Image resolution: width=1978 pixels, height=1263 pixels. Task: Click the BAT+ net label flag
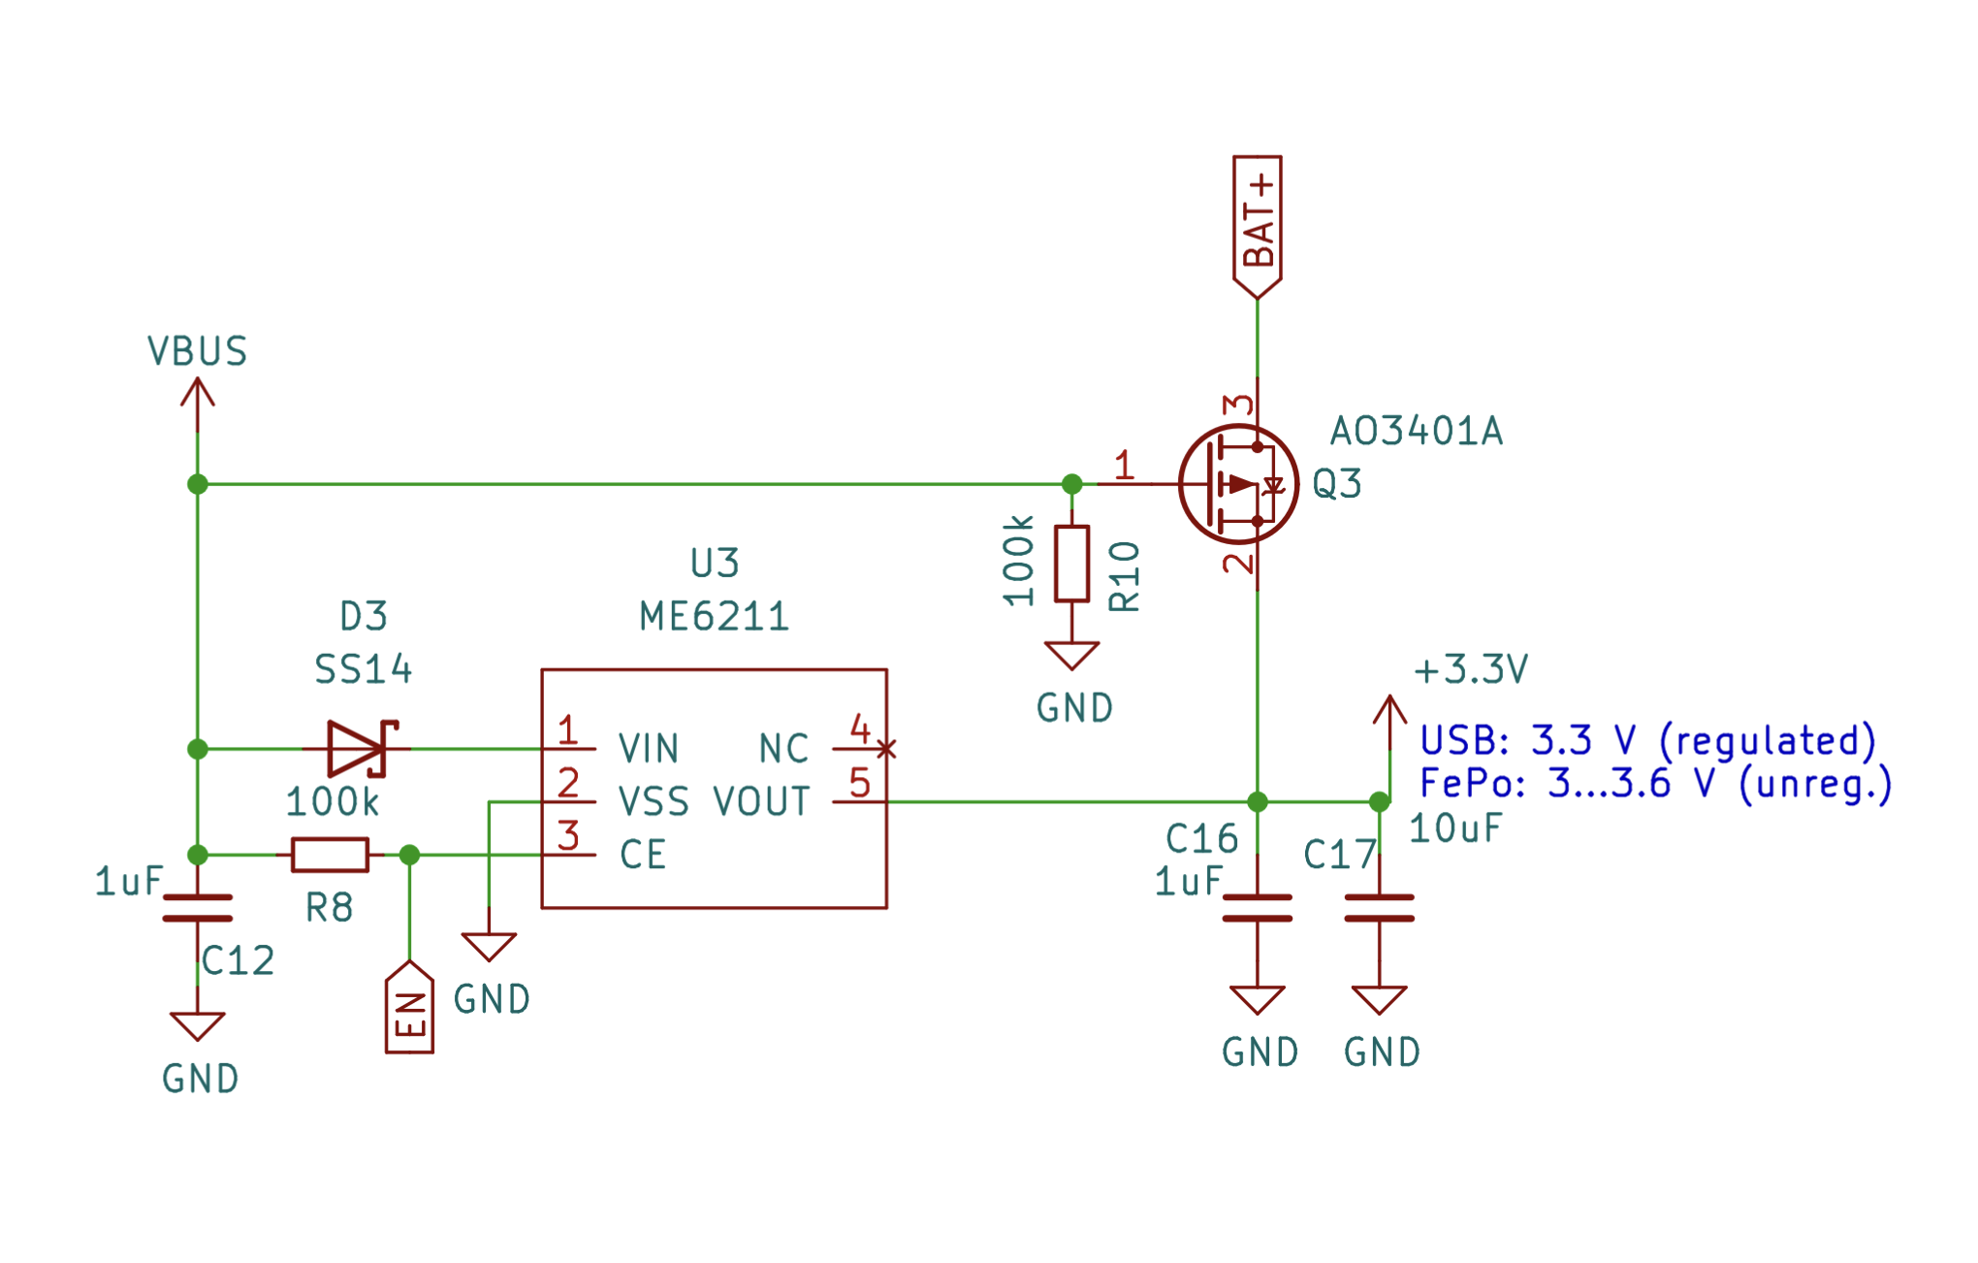tap(1257, 227)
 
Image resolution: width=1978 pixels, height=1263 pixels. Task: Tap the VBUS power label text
tap(198, 351)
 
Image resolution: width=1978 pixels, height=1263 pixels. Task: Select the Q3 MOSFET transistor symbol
tap(1238, 483)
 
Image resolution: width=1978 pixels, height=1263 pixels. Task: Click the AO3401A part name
tap(1416, 431)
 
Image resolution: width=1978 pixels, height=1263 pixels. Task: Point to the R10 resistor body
tap(1071, 564)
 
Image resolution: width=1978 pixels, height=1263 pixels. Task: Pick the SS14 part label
tap(364, 669)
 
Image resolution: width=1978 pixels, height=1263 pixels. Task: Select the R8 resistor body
tap(330, 855)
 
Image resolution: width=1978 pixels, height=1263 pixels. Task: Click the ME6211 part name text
tap(715, 616)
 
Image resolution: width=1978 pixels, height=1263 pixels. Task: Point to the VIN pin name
tap(649, 749)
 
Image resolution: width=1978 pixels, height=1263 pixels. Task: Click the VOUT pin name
tap(761, 802)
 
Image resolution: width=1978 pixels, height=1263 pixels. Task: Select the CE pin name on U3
tap(643, 855)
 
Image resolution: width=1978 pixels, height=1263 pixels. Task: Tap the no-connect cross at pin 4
tap(886, 749)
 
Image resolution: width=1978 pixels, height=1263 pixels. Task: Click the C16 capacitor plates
tap(1257, 908)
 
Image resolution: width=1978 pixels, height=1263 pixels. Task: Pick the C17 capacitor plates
tap(1379, 908)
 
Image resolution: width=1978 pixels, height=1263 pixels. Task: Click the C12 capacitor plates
tap(198, 908)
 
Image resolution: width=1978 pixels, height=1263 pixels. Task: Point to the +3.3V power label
tap(1471, 669)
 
